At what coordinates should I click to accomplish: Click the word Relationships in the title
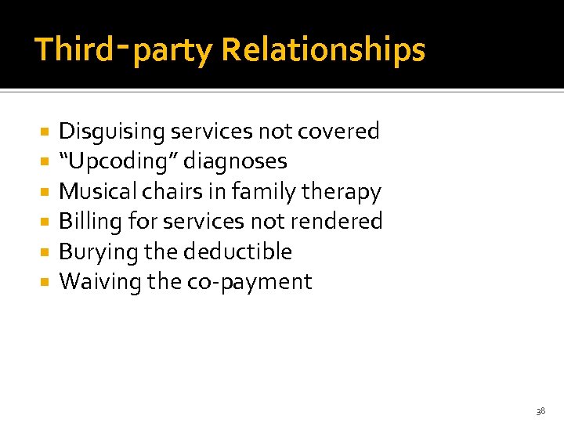[324, 50]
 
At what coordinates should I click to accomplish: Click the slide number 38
[540, 410]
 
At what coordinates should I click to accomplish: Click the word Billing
[90, 222]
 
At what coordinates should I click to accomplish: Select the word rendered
[336, 222]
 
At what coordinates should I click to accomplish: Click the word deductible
[239, 251]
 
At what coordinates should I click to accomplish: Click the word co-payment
[250, 283]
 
